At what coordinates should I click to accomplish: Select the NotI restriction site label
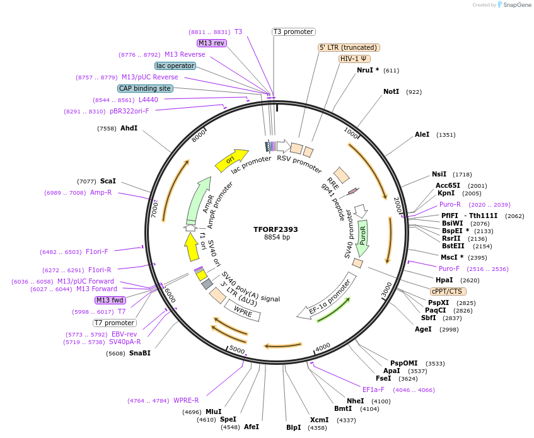tap(391, 92)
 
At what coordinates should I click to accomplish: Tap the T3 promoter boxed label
tap(294, 32)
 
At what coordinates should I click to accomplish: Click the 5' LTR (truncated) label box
tap(349, 47)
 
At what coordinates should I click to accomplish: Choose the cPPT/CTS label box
tap(447, 291)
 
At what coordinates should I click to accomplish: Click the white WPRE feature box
tap(243, 309)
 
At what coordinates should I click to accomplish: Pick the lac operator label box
tap(175, 66)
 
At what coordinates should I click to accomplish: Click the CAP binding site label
tap(145, 89)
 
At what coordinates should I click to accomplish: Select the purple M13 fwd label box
tap(110, 300)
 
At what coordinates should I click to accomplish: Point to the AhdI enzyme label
tap(129, 128)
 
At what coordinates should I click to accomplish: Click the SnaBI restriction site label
tap(139, 354)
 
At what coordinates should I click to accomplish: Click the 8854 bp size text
tap(277, 238)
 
